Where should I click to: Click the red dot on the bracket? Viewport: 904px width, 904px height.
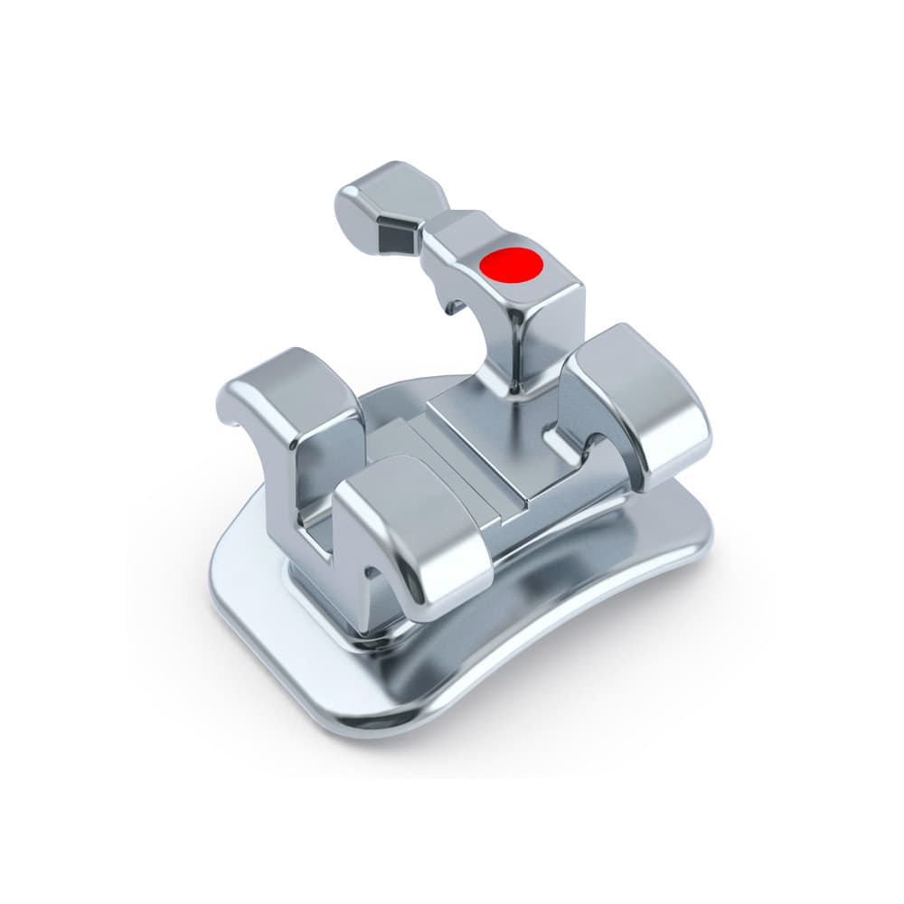511,264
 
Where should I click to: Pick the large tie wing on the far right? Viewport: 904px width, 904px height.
637,398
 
